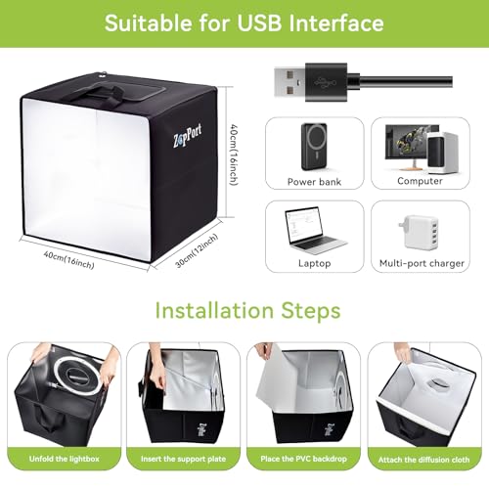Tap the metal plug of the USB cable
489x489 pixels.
pyautogui.click(x=289, y=82)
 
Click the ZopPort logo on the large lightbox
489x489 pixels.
pyautogui.click(x=187, y=136)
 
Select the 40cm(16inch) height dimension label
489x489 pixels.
pyautogui.click(x=235, y=155)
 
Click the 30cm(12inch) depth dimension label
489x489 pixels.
pyautogui.click(x=197, y=250)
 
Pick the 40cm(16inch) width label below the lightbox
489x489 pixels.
pyautogui.click(x=69, y=260)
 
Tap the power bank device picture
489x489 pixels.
pyautogui.click(x=314, y=147)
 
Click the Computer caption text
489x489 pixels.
pyautogui.click(x=420, y=181)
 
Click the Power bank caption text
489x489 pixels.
pyautogui.click(x=314, y=182)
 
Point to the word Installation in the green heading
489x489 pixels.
pyautogui.click(x=214, y=310)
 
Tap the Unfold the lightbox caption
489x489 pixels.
pyautogui.click(x=65, y=459)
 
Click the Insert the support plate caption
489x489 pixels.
pyautogui.click(x=183, y=459)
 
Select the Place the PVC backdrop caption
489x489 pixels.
pyautogui.click(x=303, y=459)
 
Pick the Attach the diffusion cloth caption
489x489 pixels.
pyautogui.click(x=424, y=460)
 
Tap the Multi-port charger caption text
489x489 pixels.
pyautogui.click(x=422, y=263)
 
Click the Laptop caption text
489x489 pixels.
pyautogui.click(x=315, y=263)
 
